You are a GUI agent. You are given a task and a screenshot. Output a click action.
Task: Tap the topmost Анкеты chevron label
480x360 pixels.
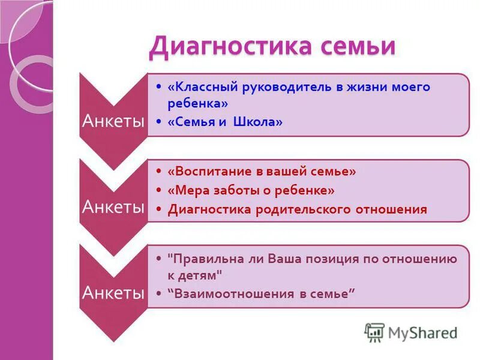[x=113, y=122]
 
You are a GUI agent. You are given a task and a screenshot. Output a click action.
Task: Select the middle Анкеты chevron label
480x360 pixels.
[x=113, y=207]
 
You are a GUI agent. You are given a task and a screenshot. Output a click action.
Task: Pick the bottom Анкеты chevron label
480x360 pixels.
[x=113, y=293]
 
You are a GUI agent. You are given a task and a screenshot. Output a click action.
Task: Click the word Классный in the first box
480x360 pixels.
[x=203, y=87]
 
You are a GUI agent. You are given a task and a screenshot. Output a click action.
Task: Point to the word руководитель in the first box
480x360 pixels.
[x=285, y=87]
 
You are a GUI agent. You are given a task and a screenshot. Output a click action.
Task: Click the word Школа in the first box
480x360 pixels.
[x=259, y=122]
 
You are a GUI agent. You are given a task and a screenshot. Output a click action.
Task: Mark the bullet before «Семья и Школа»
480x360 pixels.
[x=158, y=122]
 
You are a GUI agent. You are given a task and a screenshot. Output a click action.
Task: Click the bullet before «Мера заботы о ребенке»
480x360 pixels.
[x=158, y=190]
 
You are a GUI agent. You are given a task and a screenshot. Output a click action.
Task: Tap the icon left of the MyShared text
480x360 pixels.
[x=374, y=332]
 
